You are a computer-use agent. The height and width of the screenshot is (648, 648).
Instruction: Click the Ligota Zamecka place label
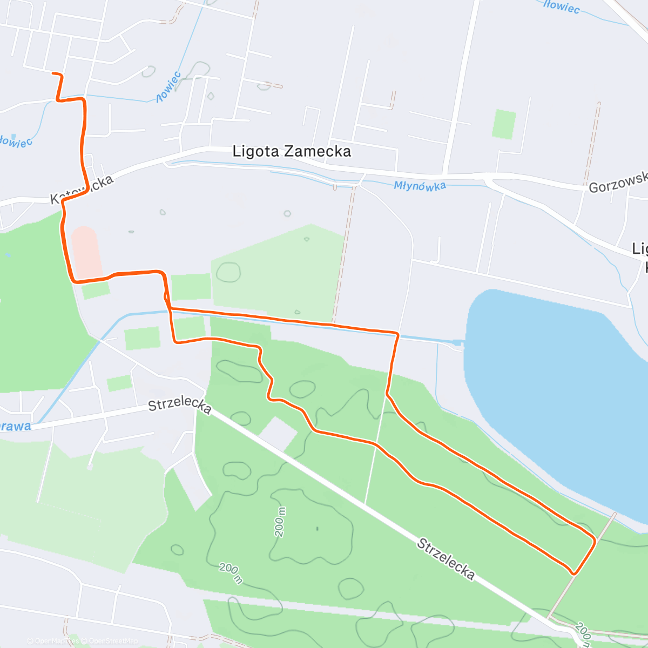[x=292, y=151]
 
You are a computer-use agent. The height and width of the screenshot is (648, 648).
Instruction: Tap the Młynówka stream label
[x=420, y=186]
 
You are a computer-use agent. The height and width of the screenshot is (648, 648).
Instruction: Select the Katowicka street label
[x=83, y=190]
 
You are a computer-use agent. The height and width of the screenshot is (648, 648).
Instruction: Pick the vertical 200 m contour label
[x=280, y=522]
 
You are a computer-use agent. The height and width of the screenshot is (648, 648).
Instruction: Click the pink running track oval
[x=86, y=252]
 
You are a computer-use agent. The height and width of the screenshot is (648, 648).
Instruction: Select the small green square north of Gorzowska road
[x=504, y=124]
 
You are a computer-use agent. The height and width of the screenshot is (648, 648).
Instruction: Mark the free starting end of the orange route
[x=52, y=73]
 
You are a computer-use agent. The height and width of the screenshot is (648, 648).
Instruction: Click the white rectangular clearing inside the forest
[x=278, y=433]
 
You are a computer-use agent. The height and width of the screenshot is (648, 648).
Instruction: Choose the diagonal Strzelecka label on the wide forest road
[x=446, y=559]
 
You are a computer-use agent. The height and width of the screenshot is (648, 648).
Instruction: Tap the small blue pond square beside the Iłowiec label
[x=13, y=137]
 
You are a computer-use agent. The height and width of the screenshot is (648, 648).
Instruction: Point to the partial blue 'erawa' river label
[x=15, y=427]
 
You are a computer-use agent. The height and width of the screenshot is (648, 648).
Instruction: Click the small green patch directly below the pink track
[x=96, y=290]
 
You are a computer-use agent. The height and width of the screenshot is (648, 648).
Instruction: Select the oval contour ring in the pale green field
[x=228, y=272]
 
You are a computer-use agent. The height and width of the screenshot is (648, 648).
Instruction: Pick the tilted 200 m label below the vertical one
[x=231, y=573]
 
